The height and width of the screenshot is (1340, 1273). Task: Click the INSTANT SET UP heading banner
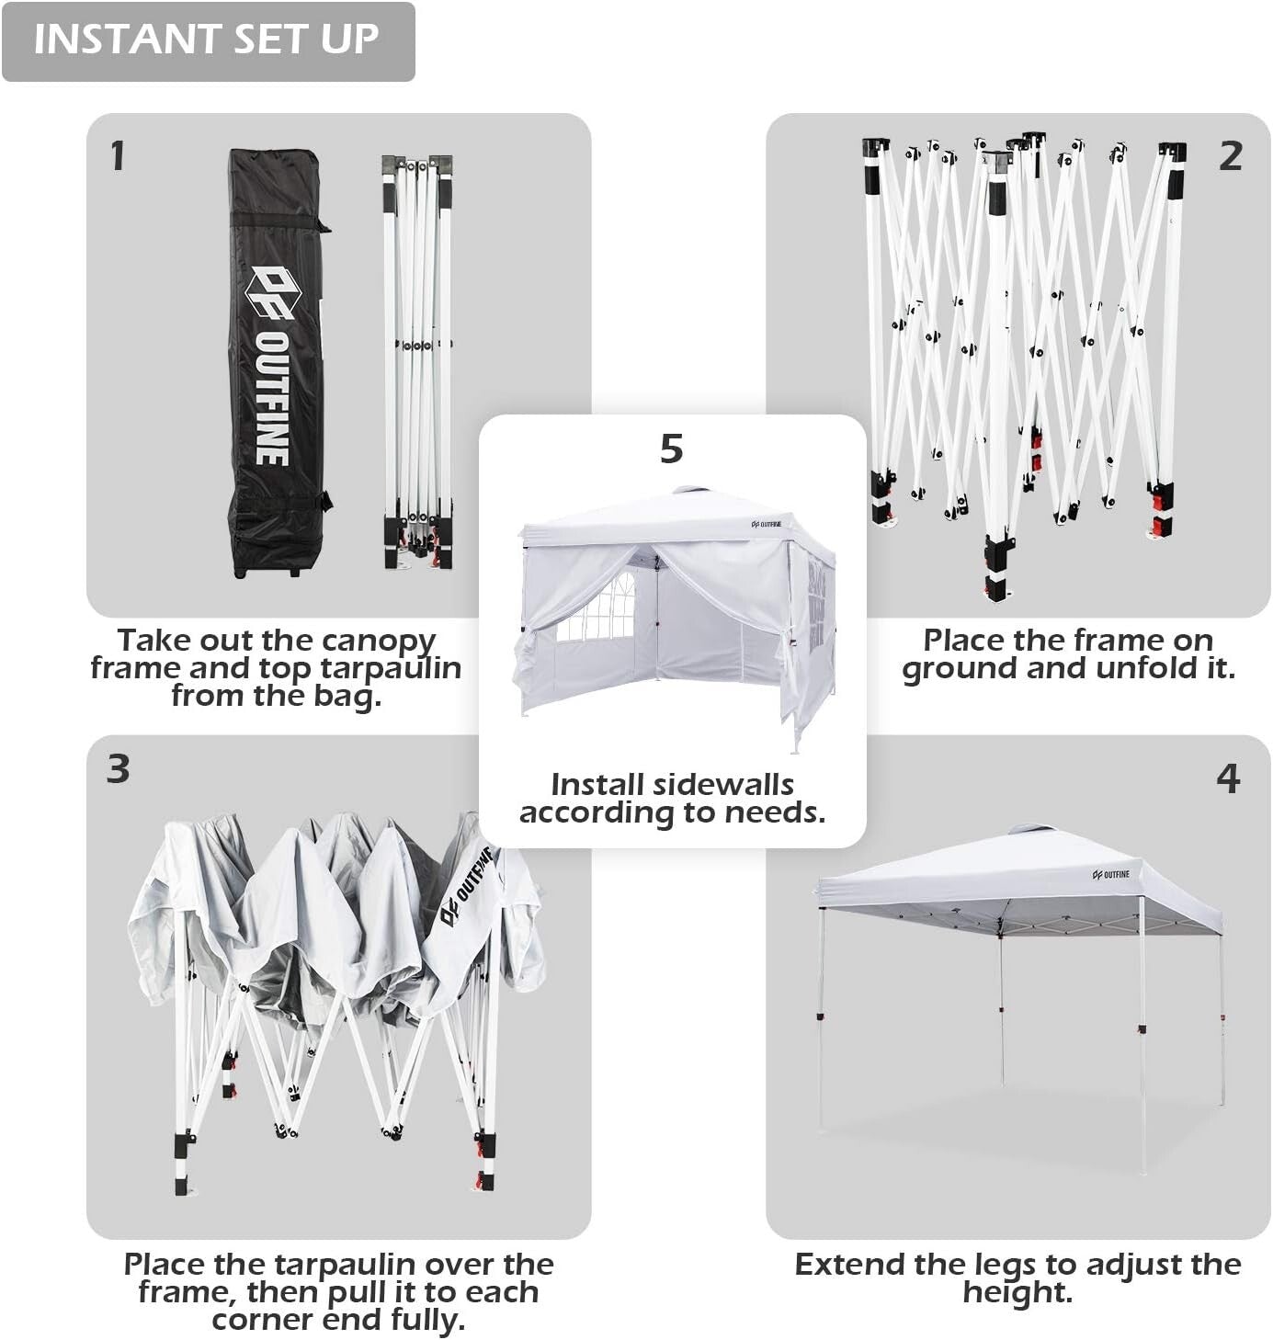tap(208, 40)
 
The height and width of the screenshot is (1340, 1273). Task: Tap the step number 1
tap(118, 155)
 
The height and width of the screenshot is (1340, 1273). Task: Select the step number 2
tap(1230, 156)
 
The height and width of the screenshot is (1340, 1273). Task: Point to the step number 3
tap(118, 769)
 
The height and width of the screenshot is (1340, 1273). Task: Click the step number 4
tap(1228, 779)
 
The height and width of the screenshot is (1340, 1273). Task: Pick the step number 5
tap(672, 449)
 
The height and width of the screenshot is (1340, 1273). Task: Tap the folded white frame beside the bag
tap(417, 362)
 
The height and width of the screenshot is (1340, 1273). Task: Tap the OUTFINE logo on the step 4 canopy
tap(1110, 874)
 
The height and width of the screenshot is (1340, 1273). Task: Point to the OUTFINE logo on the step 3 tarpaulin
tap(468, 885)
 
